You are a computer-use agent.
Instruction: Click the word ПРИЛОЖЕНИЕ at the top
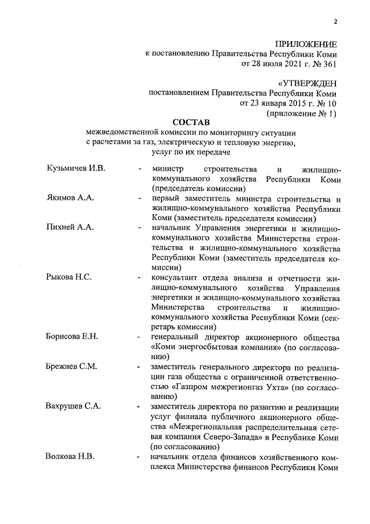(305, 44)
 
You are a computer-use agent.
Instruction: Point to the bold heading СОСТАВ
(191, 122)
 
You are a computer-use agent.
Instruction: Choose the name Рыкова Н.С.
(68, 277)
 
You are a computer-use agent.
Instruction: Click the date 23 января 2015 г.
(277, 103)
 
